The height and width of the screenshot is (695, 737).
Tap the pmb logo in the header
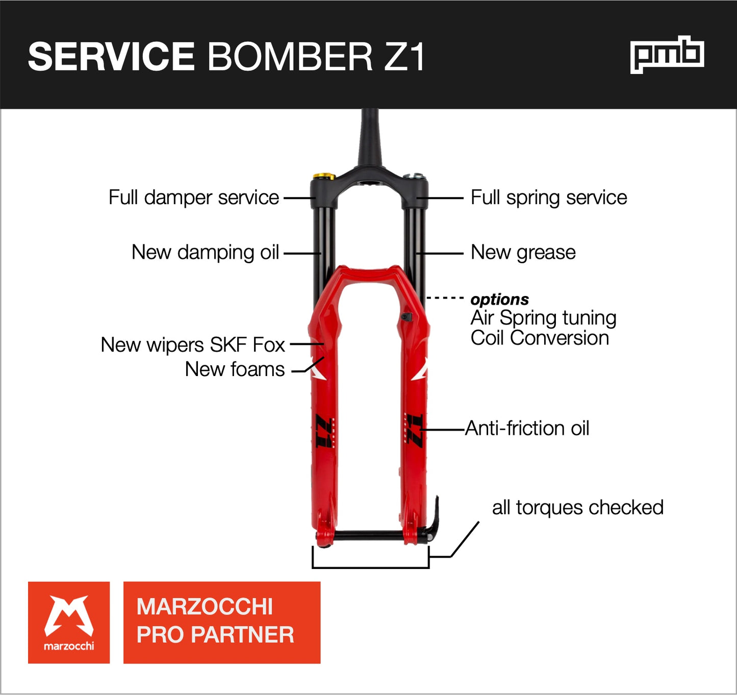pos(667,55)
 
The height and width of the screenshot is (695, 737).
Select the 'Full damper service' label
pos(194,197)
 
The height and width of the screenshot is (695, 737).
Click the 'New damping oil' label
pos(205,252)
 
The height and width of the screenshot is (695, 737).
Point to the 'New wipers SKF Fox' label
pos(192,345)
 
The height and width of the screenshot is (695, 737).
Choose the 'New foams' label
pos(235,369)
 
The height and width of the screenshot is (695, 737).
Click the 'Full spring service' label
pos(549,197)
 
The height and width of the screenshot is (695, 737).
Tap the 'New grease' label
pos(523,252)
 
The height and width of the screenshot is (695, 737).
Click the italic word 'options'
pos(499,299)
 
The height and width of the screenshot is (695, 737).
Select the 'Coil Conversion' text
pos(540,338)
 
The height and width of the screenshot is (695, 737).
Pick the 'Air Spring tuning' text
pos(543,318)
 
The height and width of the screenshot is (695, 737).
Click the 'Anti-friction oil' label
pos(527,428)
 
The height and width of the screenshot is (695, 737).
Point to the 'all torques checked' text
pos(577,508)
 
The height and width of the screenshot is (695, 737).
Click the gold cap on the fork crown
pos(323,177)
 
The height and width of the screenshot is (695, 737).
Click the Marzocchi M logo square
pos(69,623)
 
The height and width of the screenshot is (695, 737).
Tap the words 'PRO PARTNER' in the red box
pos(215,635)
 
